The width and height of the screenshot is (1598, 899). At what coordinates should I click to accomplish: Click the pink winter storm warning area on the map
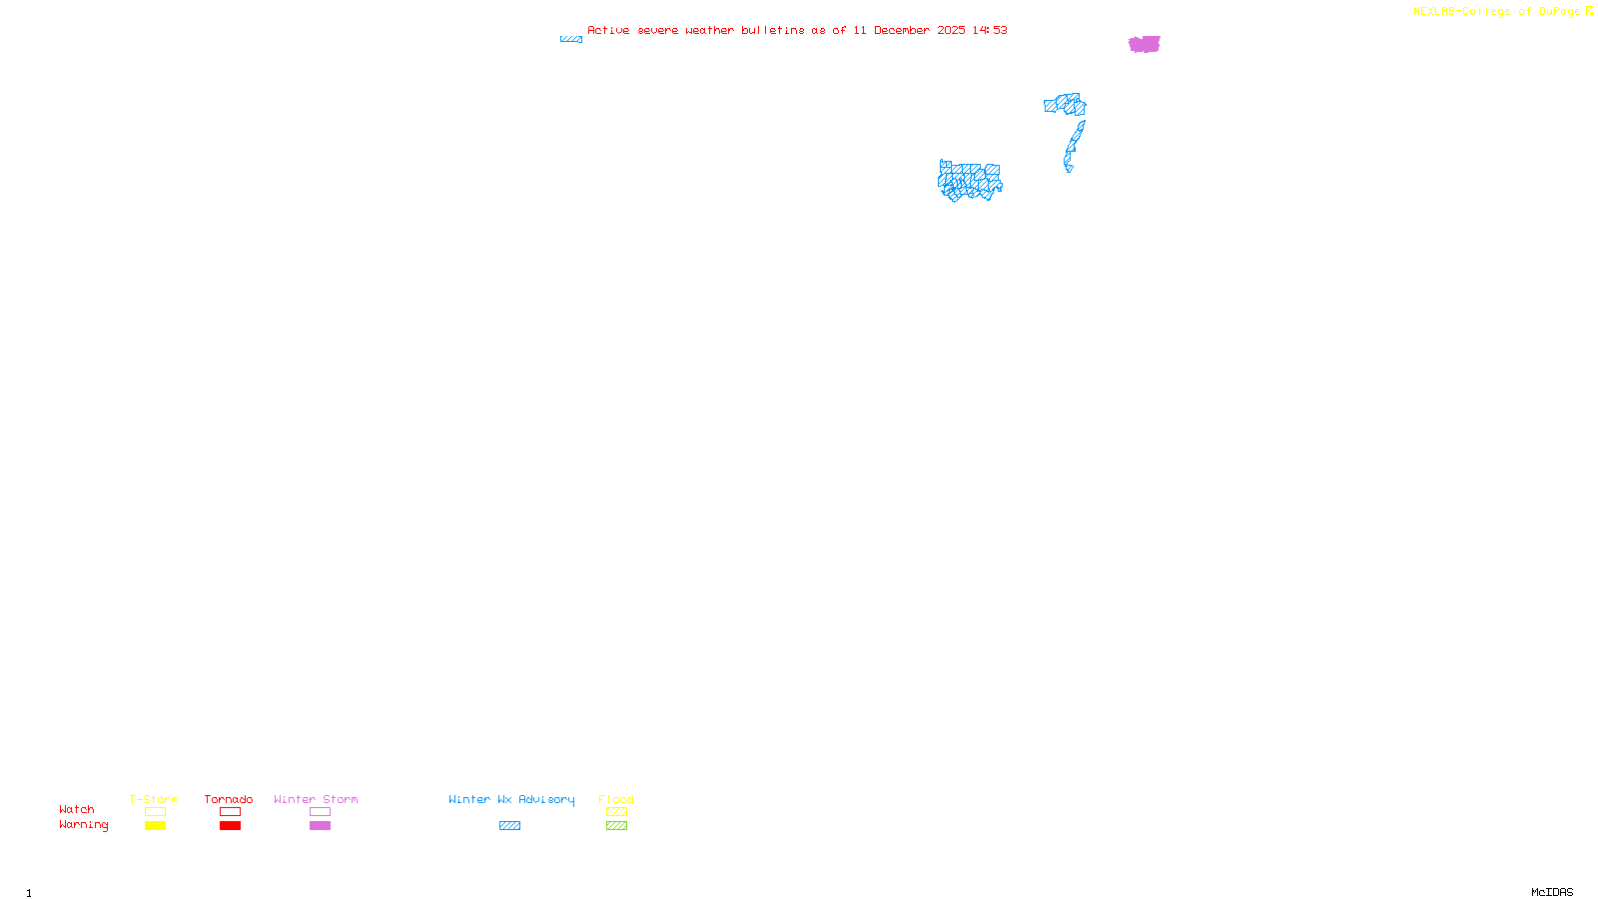(x=1144, y=44)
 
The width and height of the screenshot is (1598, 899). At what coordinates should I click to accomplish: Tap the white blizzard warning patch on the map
(x=1073, y=166)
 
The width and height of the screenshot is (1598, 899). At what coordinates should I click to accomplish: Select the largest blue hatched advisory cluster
(x=969, y=181)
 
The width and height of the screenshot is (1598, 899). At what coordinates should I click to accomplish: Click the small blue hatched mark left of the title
(x=570, y=39)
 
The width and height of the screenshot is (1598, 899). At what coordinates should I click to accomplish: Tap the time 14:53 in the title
(x=990, y=30)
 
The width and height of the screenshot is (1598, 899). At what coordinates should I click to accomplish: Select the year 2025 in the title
(x=951, y=30)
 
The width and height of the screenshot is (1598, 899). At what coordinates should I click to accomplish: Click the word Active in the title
(x=608, y=30)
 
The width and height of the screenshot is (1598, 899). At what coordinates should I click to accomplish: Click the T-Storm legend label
(x=154, y=799)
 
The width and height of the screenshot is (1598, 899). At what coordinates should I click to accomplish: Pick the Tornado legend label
(x=229, y=799)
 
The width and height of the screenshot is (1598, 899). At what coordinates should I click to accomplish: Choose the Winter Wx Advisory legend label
(x=511, y=799)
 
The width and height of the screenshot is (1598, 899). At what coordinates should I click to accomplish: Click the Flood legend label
(x=616, y=799)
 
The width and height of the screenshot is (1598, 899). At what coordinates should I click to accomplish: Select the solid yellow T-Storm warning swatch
(x=155, y=826)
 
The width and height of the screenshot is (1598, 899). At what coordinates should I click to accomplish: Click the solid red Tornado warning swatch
(x=230, y=826)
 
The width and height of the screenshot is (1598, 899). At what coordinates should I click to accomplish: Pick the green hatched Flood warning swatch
(x=616, y=826)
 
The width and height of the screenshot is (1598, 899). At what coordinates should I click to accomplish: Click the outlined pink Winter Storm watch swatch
(x=320, y=812)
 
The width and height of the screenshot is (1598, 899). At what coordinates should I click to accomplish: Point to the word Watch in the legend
(x=77, y=809)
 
